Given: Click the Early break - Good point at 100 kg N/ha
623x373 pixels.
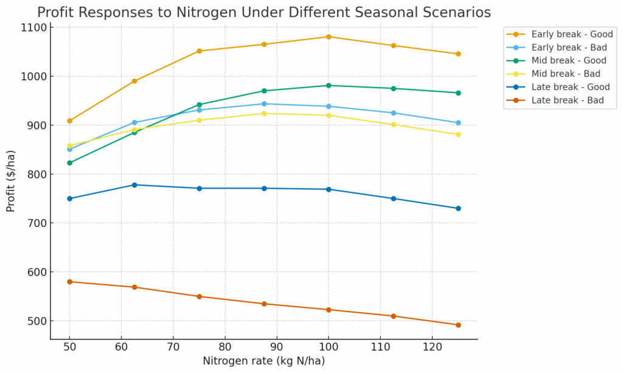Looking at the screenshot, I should click(329, 37).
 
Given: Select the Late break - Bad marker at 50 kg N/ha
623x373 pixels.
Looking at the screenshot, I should click(69, 282).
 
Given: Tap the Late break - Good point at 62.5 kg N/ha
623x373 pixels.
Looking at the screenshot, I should click(134, 185).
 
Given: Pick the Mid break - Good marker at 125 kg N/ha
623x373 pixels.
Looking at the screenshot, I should click(458, 93).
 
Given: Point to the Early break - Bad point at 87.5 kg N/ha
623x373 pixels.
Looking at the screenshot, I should click(264, 104).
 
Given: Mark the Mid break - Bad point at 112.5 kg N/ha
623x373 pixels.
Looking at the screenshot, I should click(394, 125).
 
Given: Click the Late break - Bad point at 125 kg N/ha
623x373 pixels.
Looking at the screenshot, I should click(458, 325).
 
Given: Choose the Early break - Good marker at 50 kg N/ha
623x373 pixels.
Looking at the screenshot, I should click(69, 121).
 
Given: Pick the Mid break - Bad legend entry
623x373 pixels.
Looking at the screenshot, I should click(566, 74).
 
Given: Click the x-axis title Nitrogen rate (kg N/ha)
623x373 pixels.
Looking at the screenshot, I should click(264, 361).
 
